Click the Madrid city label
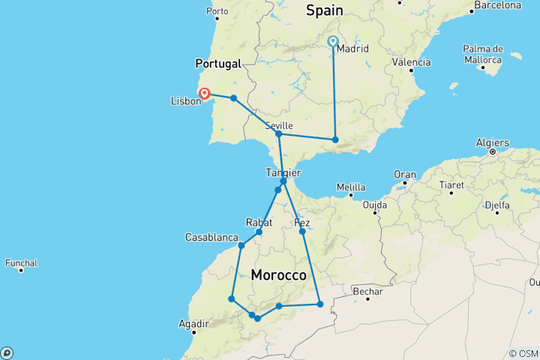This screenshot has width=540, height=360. pos(352,49)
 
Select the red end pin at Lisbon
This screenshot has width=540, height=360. pos(203,94)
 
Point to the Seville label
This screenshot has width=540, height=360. pos(279,125)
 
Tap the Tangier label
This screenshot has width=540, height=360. pos(283,172)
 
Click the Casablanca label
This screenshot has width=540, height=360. pos(211,237)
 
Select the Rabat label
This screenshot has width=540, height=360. pos(257,222)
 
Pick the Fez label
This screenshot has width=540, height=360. pos(302,223)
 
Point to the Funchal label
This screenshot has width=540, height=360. pos(21,263)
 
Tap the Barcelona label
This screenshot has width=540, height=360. pos(497,5)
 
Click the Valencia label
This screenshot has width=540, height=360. pos(412,62)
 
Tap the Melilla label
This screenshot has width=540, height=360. pos(351,187)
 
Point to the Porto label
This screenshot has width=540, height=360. pos(217,11)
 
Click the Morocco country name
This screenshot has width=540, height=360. pos(279,275)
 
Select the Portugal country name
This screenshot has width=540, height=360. pos(217,64)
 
